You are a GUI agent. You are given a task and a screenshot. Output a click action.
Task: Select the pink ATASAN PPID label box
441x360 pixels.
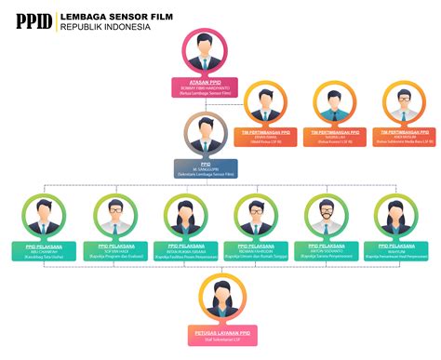coord(207,87)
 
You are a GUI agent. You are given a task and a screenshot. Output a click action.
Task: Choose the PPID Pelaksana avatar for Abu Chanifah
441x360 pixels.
coord(44,216)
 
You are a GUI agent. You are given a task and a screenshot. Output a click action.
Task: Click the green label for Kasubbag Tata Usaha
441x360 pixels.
coord(44,250)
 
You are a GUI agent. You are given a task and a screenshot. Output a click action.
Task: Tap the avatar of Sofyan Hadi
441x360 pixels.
coord(115,216)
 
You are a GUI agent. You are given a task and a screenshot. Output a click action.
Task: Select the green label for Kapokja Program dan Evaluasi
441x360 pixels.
coord(115,250)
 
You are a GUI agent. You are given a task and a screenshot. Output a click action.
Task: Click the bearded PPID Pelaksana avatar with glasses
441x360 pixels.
coord(327,216)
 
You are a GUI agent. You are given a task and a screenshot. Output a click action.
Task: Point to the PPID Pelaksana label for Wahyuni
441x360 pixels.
coord(397,250)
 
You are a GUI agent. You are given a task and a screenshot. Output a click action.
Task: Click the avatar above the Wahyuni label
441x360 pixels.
coord(397,216)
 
